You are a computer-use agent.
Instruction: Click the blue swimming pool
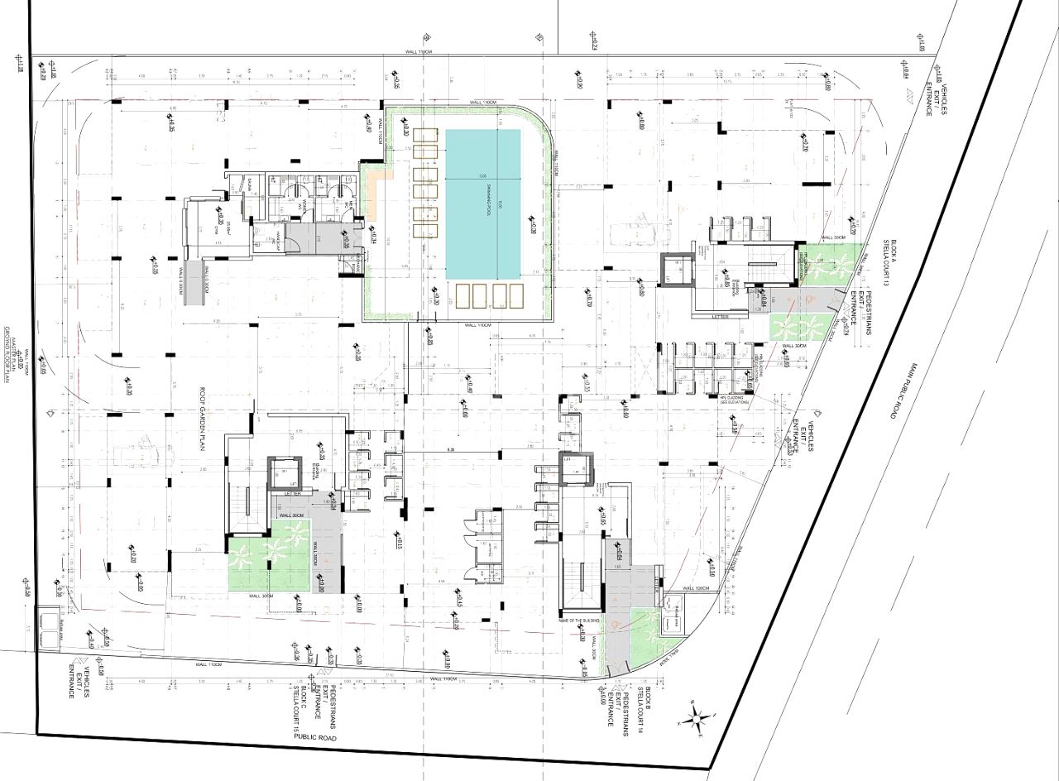tap(483, 204)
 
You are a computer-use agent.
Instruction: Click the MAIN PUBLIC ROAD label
tap(892, 389)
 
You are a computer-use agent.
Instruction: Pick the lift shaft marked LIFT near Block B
tap(570, 469)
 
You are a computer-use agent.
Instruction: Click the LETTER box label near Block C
tap(292, 493)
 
